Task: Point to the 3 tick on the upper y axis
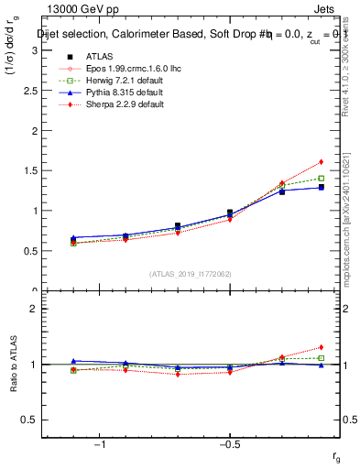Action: coord(34,49)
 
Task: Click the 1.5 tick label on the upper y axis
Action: coord(29,170)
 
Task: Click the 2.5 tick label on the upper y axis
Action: coord(29,90)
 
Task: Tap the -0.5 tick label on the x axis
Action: coord(229,444)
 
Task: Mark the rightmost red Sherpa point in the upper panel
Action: coord(321,161)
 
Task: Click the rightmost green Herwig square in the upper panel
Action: coord(321,178)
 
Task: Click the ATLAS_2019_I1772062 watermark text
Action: coord(191,273)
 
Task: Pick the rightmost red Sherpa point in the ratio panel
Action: coord(321,347)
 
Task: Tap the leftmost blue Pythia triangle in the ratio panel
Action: coord(73,361)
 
